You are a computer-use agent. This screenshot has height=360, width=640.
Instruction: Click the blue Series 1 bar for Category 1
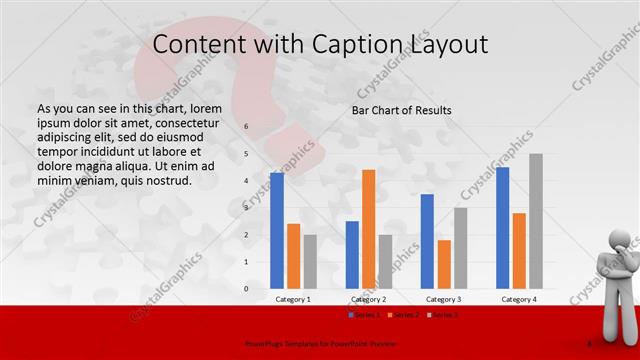(277, 231)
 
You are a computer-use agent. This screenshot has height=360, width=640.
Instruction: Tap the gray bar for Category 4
(536, 221)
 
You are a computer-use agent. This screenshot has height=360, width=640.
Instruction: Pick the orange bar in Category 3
(444, 264)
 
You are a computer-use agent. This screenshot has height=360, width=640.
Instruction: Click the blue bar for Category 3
(427, 241)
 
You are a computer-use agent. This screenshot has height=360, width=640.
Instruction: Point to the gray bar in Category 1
(310, 261)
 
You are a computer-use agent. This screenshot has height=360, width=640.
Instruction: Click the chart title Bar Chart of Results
(401, 110)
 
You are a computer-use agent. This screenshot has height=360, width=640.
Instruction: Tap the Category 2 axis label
(369, 299)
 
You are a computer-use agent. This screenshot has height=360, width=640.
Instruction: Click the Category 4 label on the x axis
(519, 299)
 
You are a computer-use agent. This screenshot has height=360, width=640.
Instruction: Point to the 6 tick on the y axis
(247, 127)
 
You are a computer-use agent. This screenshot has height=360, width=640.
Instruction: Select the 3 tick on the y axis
(247, 208)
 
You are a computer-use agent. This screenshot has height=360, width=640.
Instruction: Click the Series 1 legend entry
(364, 315)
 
